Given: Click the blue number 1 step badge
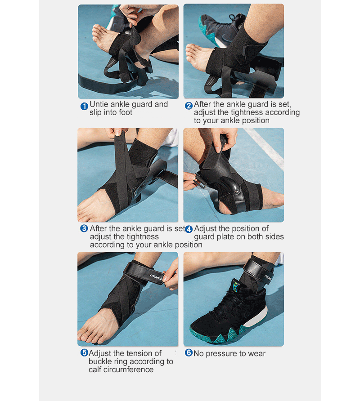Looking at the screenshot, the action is coord(84,106).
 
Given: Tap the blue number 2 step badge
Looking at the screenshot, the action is coord(189,106).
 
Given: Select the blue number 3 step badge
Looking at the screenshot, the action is coord(84,228).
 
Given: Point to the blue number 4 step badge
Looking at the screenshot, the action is coord(189,229).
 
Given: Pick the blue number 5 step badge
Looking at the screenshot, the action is coord(84,352).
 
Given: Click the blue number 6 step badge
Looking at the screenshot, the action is coord(189,352).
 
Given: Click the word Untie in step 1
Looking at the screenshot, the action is coord(99,104).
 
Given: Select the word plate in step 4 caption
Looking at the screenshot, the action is coord(225,237).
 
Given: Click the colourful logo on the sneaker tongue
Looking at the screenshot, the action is coord(235,286).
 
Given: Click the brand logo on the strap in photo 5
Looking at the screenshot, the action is coord(156,277).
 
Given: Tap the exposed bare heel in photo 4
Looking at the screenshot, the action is coord(226,207).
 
